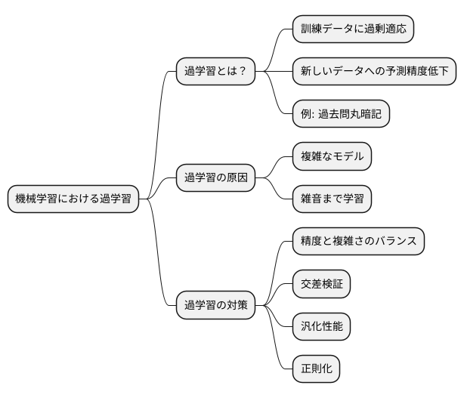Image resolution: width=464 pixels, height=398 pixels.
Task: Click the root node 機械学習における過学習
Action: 73,199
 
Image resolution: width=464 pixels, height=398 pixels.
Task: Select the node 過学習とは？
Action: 215,72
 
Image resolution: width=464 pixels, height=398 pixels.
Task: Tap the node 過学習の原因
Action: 215,178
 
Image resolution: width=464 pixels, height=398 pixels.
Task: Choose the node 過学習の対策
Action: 215,306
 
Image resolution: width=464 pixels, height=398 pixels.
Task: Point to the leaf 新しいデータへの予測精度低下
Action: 374,72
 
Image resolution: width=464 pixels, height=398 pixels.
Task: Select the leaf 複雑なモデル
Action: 333,156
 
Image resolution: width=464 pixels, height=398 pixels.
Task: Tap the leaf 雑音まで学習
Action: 333,199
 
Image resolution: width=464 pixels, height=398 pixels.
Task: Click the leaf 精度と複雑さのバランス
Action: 358,242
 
